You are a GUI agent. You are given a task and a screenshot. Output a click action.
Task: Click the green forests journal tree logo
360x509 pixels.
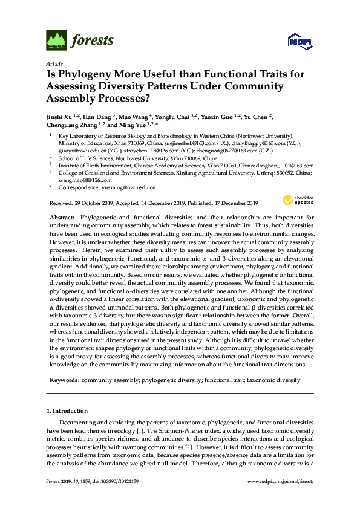(x=57, y=40)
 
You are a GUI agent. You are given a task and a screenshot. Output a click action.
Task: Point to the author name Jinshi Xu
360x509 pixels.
(x=59, y=115)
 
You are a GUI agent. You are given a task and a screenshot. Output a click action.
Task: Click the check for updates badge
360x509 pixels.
(x=298, y=200)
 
